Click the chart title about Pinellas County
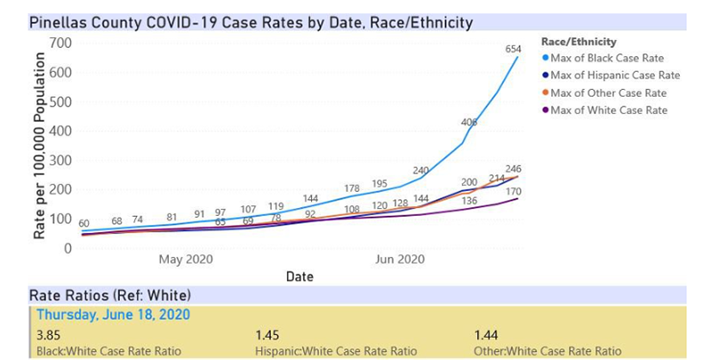tap(252, 21)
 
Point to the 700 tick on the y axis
tap(60, 43)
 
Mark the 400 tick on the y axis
tap(60, 131)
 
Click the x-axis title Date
tap(300, 277)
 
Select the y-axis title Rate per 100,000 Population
tap(39, 146)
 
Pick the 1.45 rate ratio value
tap(267, 335)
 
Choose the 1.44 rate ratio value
tap(487, 335)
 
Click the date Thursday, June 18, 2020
tap(112, 315)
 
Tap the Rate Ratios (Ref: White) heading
tap(110, 294)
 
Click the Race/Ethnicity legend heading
tap(578, 41)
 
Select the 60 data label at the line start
tap(84, 224)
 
